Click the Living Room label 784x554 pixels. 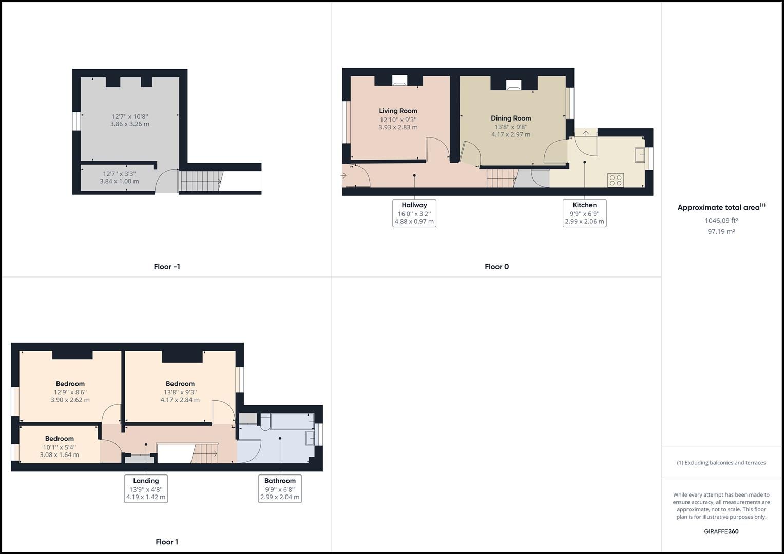click(398, 111)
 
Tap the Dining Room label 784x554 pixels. click(511, 118)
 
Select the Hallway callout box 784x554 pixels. click(414, 213)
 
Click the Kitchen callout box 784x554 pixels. click(584, 213)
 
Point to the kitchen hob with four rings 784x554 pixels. click(616, 180)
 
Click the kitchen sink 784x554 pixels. click(640, 154)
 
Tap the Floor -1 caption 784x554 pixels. click(167, 267)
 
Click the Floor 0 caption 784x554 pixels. click(496, 267)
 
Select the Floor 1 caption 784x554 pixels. click(167, 542)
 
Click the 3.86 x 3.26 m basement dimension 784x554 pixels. click(130, 124)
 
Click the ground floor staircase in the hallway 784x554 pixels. click(502, 179)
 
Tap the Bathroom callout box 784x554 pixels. click(280, 488)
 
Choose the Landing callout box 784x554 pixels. click(146, 488)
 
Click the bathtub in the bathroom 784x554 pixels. click(292, 422)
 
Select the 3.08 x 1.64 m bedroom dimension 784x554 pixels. click(60, 455)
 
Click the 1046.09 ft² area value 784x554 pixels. click(721, 221)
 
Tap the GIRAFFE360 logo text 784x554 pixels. click(721, 531)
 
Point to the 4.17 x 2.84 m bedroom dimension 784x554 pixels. click(180, 400)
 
